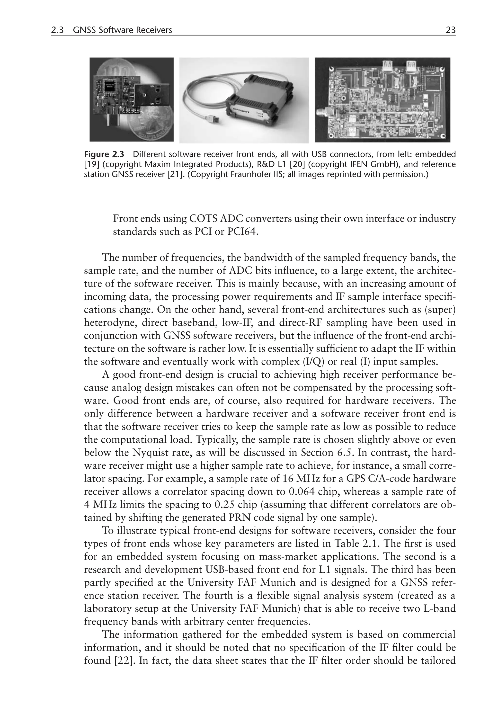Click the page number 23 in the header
point(450,30)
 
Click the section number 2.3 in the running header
point(57,30)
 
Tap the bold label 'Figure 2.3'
point(104,154)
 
